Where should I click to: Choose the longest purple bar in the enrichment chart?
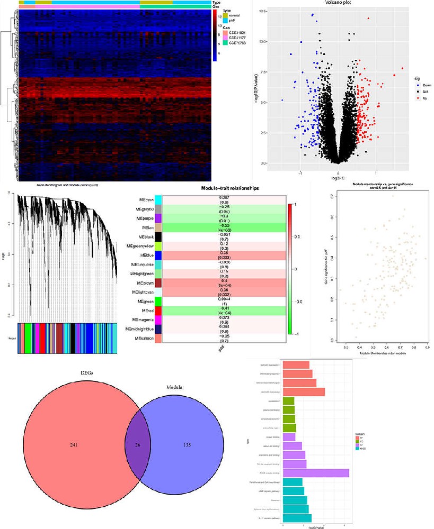[316, 473]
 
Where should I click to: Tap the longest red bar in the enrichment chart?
[304, 392]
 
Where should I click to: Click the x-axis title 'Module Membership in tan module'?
[378, 352]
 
